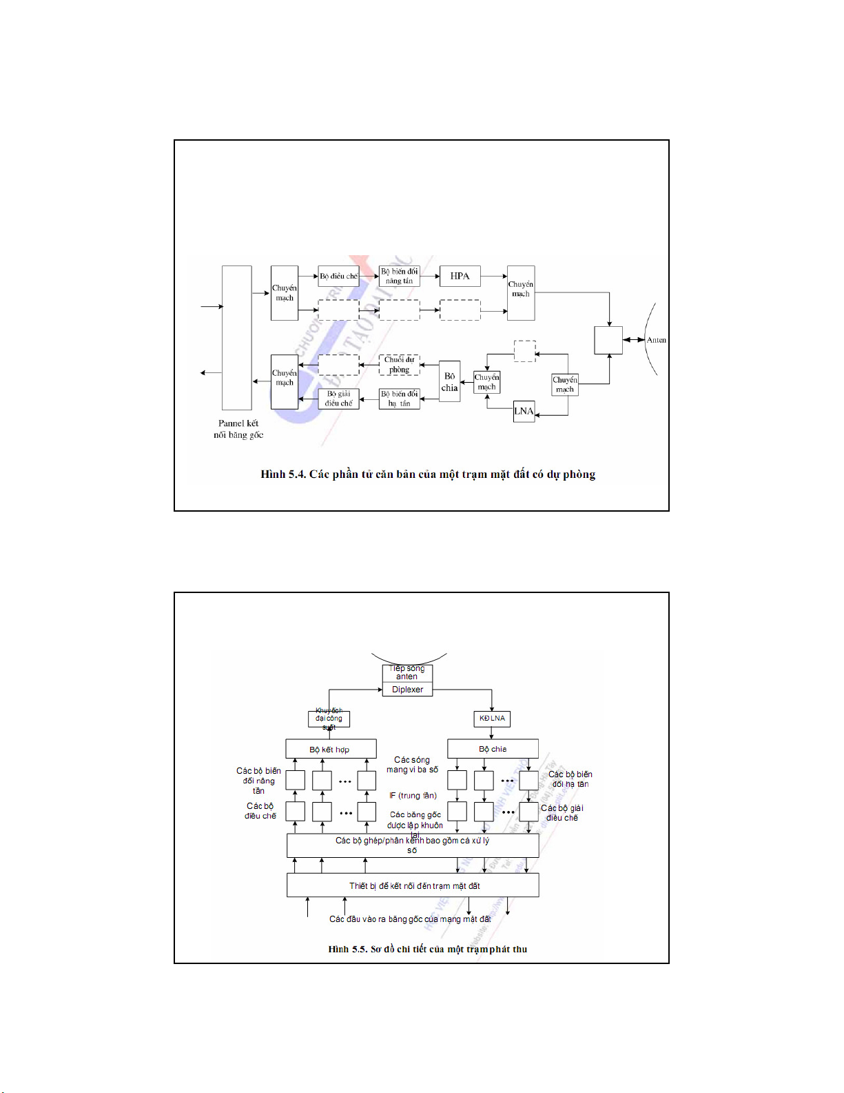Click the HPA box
coord(460,277)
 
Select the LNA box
coord(524,411)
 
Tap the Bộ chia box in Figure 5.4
coord(449,382)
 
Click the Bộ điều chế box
coord(338,277)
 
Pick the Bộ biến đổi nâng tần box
coord(400,277)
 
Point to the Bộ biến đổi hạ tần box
coord(400,399)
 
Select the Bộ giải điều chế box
coord(338,399)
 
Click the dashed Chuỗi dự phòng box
coord(399,365)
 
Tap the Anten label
coord(656,340)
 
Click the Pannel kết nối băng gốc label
coord(238,429)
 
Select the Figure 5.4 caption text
coord(427,474)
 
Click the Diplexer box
coord(407,690)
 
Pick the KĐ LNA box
coord(492,719)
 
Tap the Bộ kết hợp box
coord(331,749)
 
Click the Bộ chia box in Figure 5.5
coord(493,749)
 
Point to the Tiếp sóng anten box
coord(407,672)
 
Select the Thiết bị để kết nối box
coord(413,885)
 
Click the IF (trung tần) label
coord(413,796)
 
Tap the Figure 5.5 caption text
coord(427,950)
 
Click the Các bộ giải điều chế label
coord(562,813)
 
